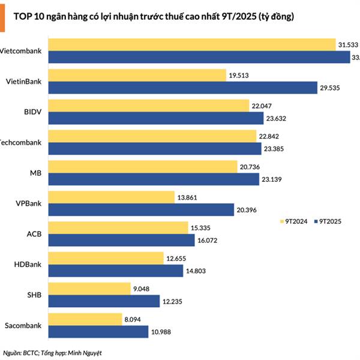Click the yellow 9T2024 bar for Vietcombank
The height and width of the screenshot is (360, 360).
pyautogui.click(x=192, y=44)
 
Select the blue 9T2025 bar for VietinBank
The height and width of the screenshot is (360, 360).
pyautogui.click(x=183, y=88)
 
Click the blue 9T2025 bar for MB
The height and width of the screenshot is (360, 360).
pyautogui.click(x=155, y=179)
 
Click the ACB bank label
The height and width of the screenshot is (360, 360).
pyautogui.click(x=34, y=233)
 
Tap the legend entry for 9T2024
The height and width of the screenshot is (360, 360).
pyautogui.click(x=294, y=221)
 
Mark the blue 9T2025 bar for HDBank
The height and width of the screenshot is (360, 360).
pyautogui.click(x=116, y=271)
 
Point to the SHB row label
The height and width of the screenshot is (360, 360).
pyautogui.click(x=34, y=295)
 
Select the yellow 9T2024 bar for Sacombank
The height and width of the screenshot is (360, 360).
pyautogui.click(x=85, y=319)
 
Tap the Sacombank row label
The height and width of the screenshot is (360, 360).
pyautogui.click(x=24, y=325)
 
